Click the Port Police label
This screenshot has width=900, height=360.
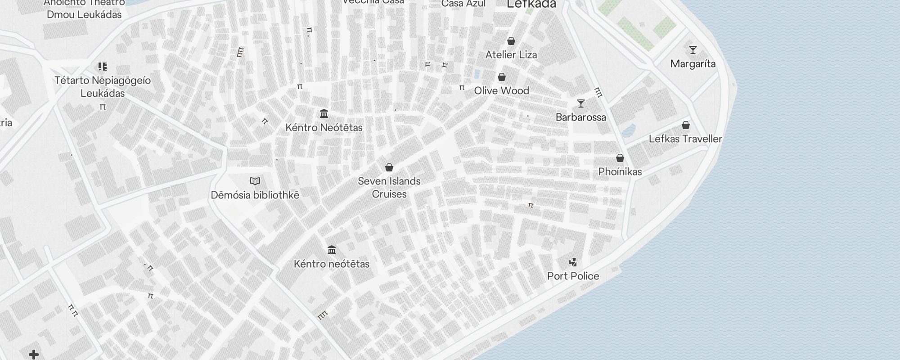(x=573, y=276)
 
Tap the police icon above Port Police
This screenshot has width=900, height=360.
(x=573, y=262)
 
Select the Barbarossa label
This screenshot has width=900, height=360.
(x=580, y=117)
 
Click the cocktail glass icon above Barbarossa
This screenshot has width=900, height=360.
(x=581, y=103)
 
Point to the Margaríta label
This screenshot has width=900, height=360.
(x=693, y=64)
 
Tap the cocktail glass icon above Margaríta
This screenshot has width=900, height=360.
(x=693, y=50)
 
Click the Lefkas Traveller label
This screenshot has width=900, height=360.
(x=685, y=139)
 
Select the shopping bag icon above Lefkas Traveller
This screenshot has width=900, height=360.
(x=685, y=125)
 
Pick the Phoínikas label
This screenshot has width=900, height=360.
(x=620, y=171)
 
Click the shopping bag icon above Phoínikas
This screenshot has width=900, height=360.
(x=620, y=158)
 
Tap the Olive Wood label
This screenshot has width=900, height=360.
(x=501, y=90)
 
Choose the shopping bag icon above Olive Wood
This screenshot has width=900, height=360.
(x=501, y=77)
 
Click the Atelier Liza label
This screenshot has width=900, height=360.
(x=511, y=55)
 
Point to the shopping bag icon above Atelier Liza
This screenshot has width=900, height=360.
(x=511, y=41)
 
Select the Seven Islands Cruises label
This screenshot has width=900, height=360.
(x=389, y=188)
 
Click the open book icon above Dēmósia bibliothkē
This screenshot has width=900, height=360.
(x=255, y=181)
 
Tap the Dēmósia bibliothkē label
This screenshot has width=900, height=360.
(x=255, y=195)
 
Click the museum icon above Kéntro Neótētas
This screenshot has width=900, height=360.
(x=324, y=113)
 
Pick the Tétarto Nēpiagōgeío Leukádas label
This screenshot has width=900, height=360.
(x=103, y=87)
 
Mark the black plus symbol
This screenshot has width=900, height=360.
(x=34, y=355)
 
